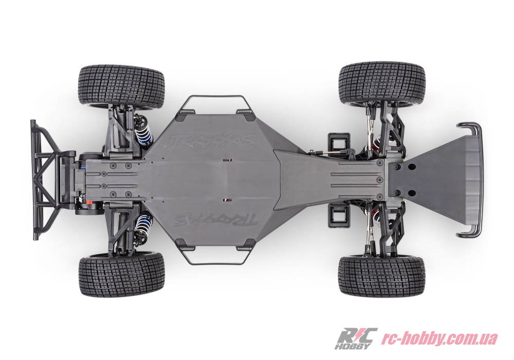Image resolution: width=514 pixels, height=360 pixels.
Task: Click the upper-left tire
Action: (122, 87)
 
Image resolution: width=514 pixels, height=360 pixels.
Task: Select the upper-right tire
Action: (382, 85)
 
